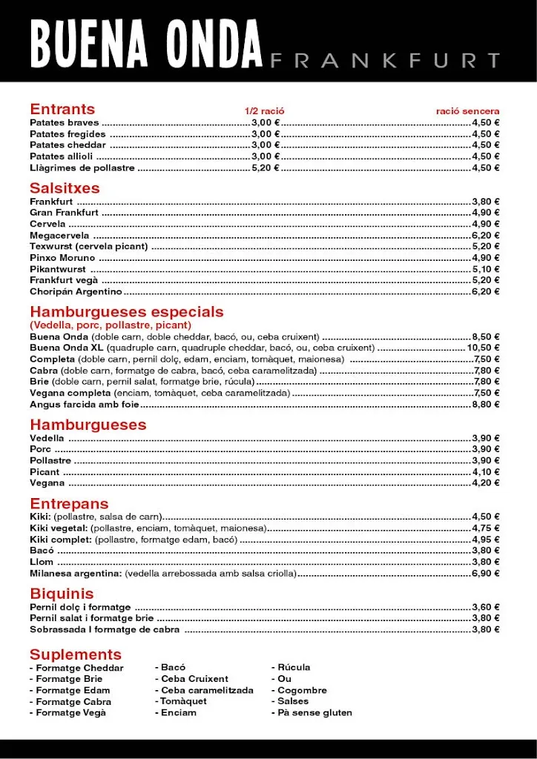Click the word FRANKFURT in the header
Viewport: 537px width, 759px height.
coord(385,60)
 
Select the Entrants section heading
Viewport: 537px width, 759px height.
coord(62,109)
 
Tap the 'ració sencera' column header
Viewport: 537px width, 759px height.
coord(467,111)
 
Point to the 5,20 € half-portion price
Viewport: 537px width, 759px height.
coord(265,168)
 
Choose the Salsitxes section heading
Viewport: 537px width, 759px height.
coord(65,188)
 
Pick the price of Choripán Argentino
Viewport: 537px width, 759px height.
coord(486,292)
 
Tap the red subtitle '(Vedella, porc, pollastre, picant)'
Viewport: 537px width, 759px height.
coord(111,325)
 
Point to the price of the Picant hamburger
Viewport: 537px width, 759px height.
coord(486,472)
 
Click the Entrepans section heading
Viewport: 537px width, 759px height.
coord(69,503)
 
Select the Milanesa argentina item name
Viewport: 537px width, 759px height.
coord(76,574)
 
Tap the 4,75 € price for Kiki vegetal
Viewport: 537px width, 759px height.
coord(486,528)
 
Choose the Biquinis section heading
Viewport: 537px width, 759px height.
coord(62,594)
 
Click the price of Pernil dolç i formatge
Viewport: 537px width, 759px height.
coord(486,607)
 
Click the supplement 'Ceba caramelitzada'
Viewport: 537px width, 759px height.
coord(204,690)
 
